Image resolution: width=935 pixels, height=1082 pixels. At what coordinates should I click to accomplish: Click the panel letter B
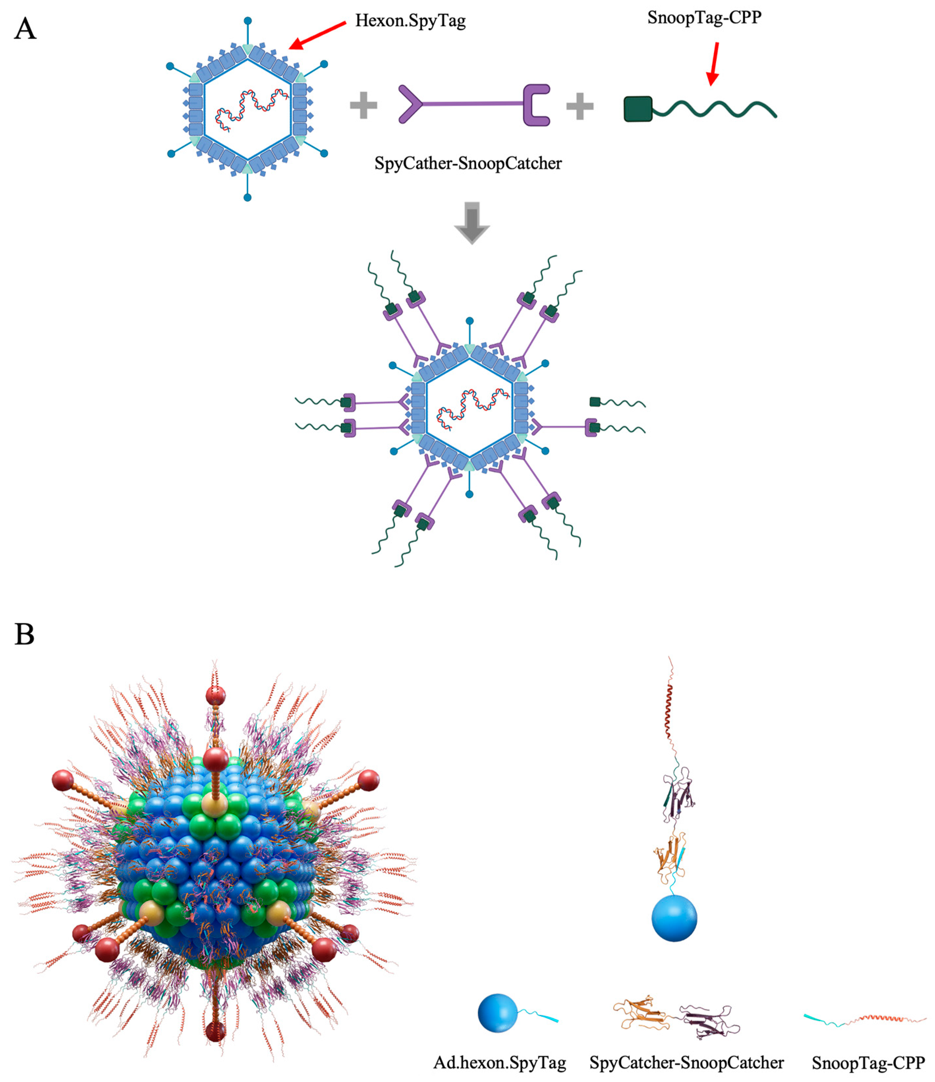point(24,635)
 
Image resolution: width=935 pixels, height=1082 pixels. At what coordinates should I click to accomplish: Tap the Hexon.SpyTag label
point(410,21)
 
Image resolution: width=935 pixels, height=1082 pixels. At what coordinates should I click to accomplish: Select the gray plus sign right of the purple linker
point(580,106)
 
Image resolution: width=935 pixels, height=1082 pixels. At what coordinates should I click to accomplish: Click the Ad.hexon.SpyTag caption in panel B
point(499,1063)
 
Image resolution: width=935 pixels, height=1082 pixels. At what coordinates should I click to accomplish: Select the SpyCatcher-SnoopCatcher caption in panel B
point(686,1063)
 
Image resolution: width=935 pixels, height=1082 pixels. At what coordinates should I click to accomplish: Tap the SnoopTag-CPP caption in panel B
point(868,1063)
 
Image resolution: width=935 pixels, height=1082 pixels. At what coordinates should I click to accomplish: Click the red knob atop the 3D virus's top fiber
point(215,696)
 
